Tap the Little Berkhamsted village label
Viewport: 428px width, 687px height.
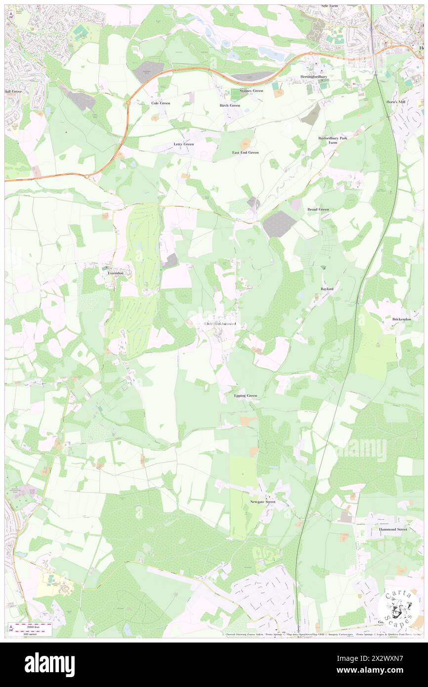click(x=220, y=324)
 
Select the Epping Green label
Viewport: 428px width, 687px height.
click(x=246, y=396)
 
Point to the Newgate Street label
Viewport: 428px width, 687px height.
click(x=262, y=502)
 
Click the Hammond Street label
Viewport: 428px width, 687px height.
click(x=393, y=529)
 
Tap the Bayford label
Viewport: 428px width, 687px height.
click(x=327, y=288)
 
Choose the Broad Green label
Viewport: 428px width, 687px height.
click(x=318, y=210)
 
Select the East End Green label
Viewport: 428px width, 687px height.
click(x=246, y=153)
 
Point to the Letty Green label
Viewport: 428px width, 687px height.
click(x=183, y=144)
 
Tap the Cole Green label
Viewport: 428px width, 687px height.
click(x=161, y=103)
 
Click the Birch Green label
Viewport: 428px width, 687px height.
click(x=230, y=105)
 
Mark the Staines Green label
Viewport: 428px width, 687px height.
click(x=251, y=91)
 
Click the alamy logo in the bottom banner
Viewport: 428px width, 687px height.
click(x=49, y=664)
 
